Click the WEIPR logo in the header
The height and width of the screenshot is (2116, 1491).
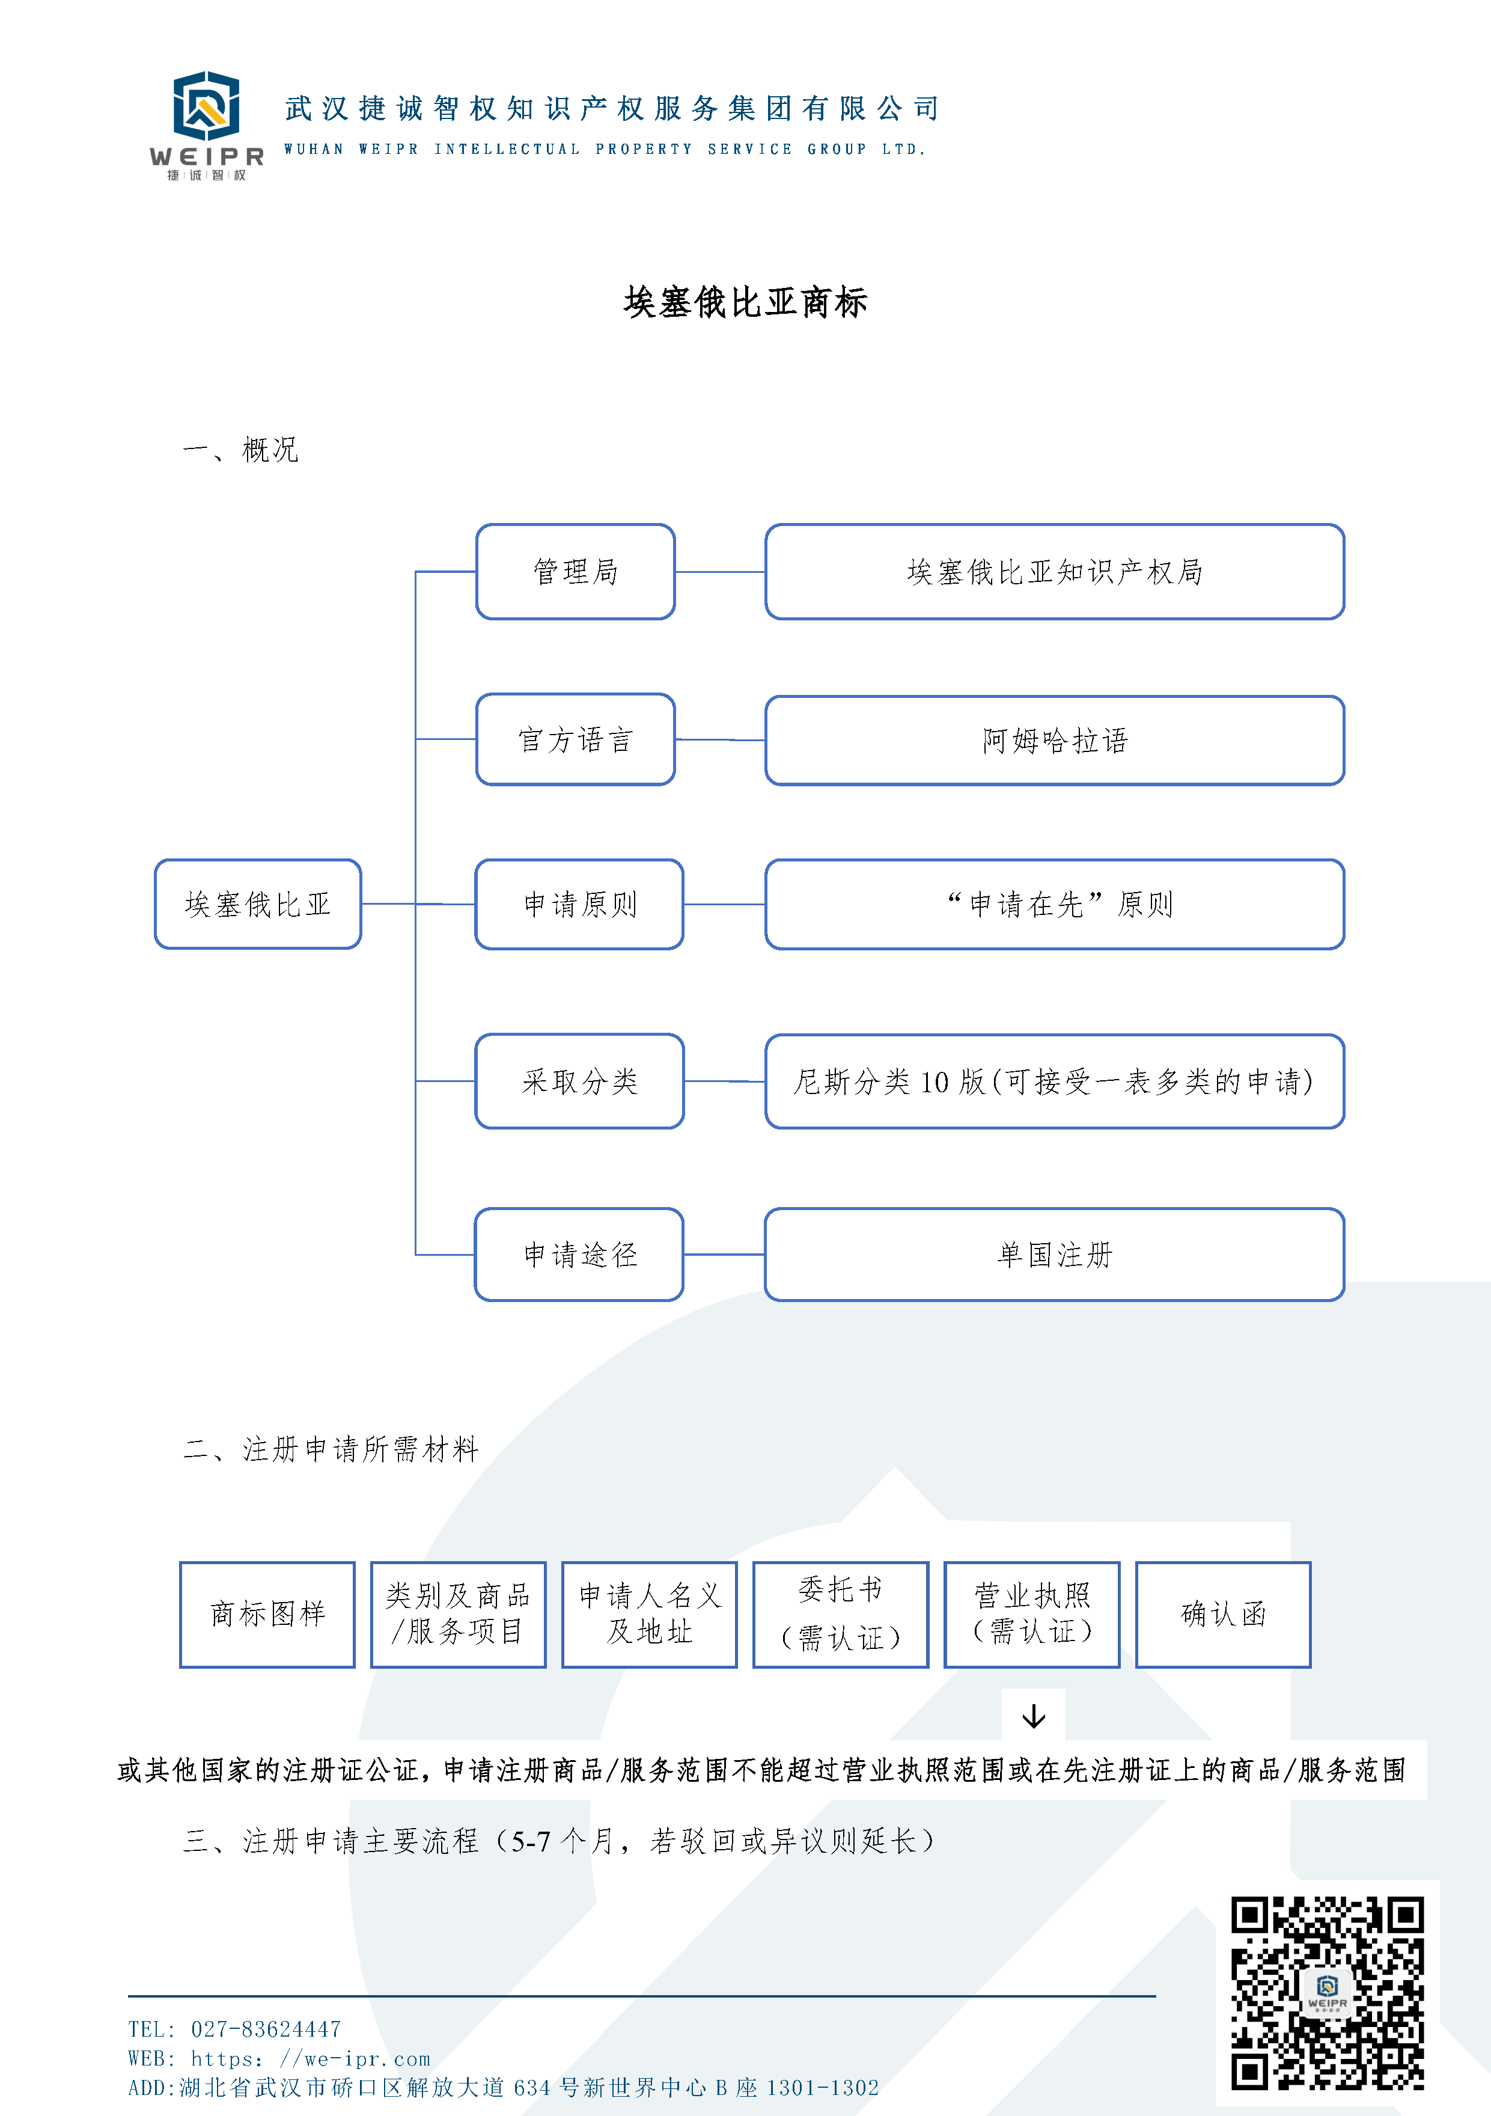(206, 124)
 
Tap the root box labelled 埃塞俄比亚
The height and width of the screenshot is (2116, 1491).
(257, 904)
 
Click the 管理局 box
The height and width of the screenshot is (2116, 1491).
(575, 572)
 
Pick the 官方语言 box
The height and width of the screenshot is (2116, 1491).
(575, 739)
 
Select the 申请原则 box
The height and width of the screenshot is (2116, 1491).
(579, 904)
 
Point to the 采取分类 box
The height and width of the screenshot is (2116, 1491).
(579, 1081)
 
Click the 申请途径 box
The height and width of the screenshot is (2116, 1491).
(579, 1255)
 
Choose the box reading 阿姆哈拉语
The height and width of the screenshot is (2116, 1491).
(1054, 740)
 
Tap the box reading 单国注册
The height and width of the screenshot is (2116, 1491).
(1054, 1255)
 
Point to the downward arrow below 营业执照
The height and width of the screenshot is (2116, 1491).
(1034, 1716)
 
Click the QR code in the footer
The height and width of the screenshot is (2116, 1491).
(1327, 1993)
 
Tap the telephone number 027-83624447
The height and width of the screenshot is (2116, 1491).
(266, 2029)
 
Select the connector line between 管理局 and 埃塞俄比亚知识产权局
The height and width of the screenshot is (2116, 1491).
(720, 572)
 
